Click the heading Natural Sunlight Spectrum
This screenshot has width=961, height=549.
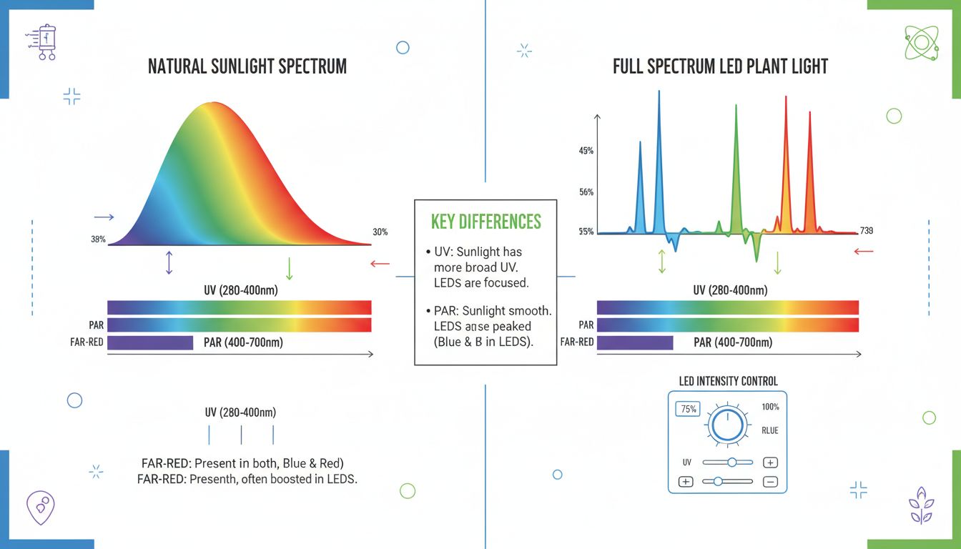click(247, 67)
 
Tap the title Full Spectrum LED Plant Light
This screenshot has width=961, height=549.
click(720, 67)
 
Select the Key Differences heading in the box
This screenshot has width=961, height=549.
click(486, 222)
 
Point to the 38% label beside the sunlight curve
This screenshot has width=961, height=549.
click(99, 239)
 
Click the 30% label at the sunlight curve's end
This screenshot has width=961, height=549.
click(380, 232)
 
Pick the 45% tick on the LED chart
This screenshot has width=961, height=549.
click(586, 151)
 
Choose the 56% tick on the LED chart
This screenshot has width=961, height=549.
click(586, 192)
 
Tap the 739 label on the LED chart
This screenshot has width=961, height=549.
click(865, 231)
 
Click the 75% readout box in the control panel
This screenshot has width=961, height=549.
click(689, 410)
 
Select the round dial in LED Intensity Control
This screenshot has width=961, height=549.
click(727, 425)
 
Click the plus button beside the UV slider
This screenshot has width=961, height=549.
click(771, 463)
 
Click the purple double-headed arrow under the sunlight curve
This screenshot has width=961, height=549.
click(169, 262)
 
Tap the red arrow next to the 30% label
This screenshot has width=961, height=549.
click(380, 264)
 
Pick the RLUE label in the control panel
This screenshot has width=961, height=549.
click(770, 430)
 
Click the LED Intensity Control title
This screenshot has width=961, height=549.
click(728, 382)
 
